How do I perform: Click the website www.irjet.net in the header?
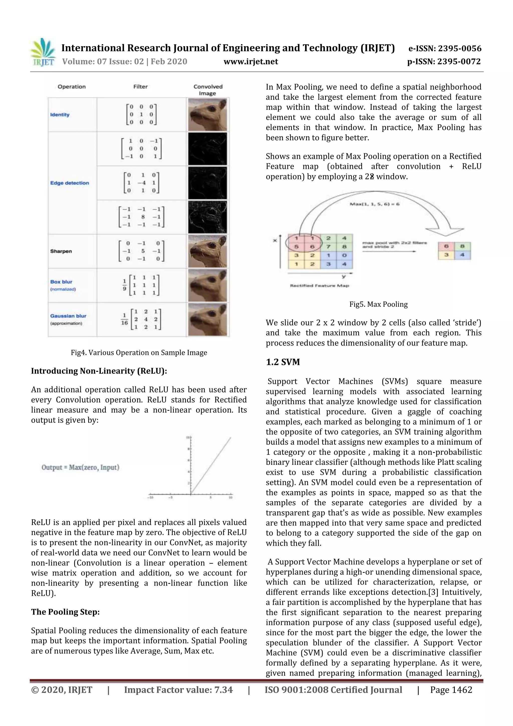(251, 62)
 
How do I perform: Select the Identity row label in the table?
(60, 115)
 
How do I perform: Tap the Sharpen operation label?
(61, 251)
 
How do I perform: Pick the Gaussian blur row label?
(68, 316)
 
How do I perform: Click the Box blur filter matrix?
(141, 285)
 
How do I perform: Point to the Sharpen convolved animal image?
(207, 251)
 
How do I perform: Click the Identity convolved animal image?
(207, 115)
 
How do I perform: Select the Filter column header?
(140, 87)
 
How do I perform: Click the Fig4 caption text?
(139, 353)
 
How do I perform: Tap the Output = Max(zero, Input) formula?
(81, 467)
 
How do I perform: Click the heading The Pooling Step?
(65, 612)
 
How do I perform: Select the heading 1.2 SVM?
(283, 362)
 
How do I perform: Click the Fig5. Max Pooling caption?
(378, 304)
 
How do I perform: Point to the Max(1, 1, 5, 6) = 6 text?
(374, 204)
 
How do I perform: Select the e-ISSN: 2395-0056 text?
(445, 48)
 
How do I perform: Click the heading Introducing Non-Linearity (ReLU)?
(99, 371)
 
